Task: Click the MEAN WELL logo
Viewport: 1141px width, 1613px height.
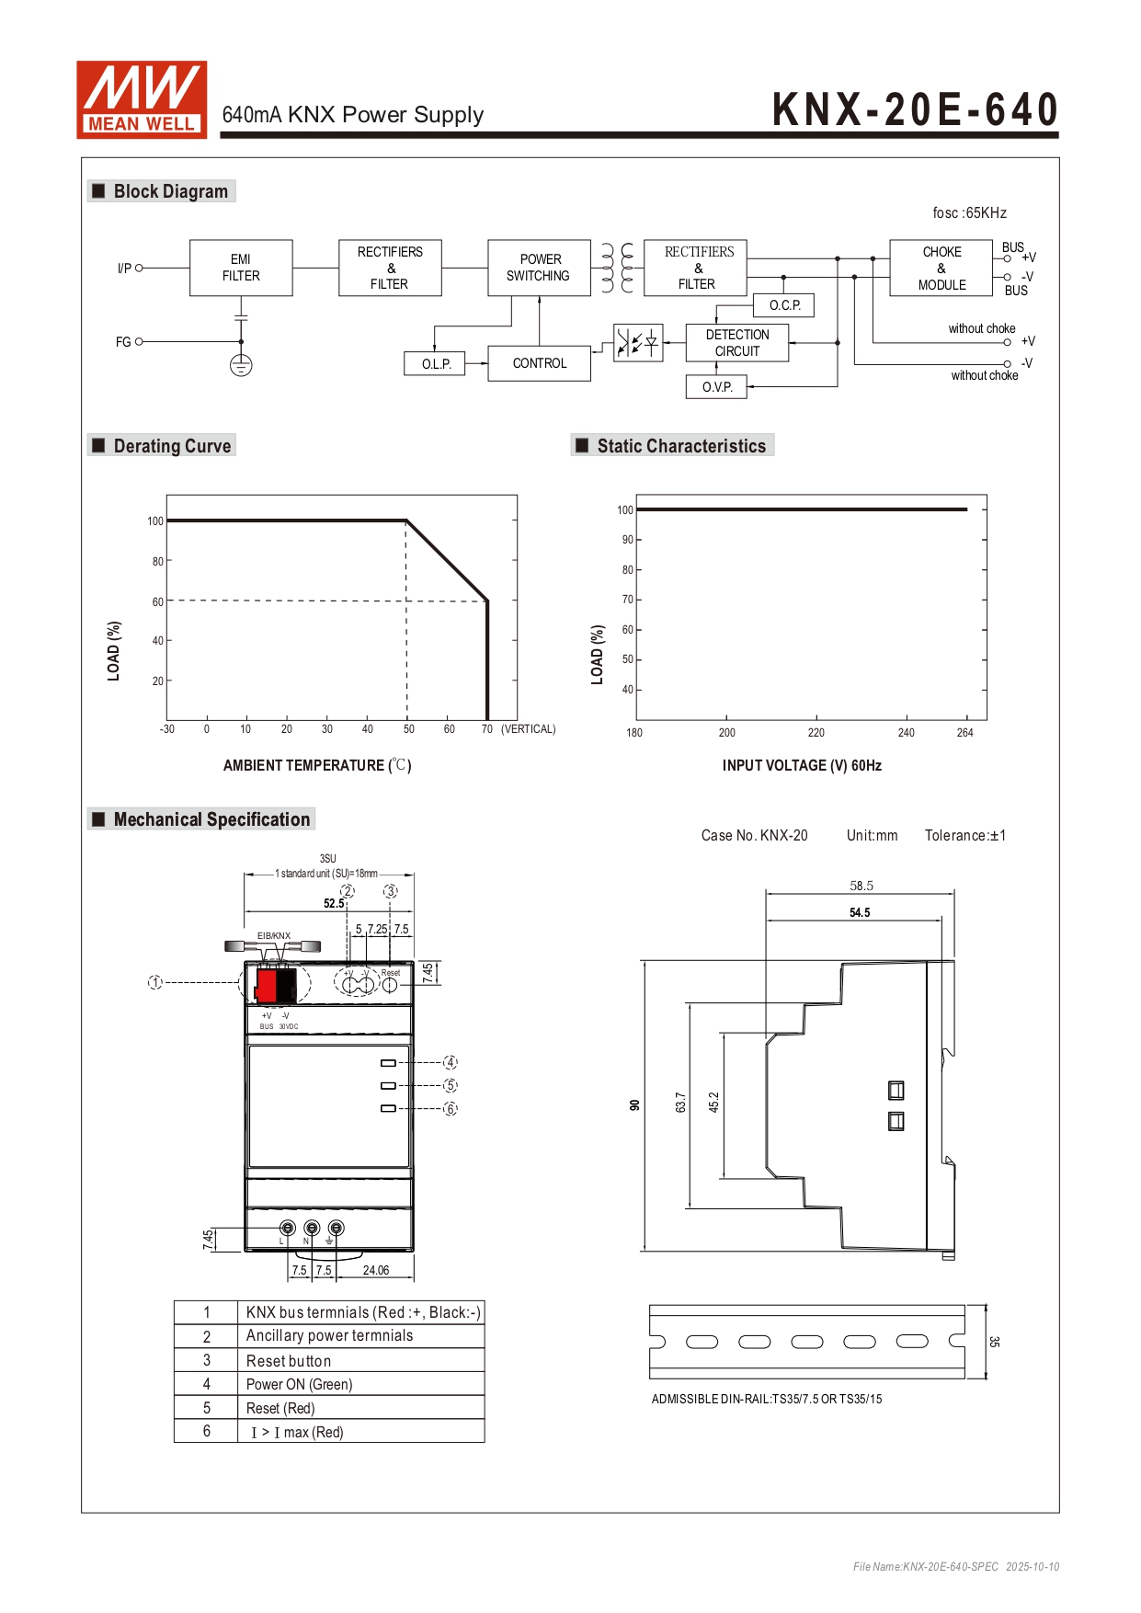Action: (x=142, y=99)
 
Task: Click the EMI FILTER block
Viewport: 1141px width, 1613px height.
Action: (x=241, y=268)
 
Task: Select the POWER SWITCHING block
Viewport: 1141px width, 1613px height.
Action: (x=539, y=268)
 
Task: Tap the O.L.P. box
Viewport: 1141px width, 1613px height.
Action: (x=436, y=364)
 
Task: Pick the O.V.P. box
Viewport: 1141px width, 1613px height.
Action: (x=717, y=387)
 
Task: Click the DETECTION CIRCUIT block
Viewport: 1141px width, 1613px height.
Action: (x=737, y=343)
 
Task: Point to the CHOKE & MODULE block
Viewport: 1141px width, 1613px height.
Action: (x=941, y=268)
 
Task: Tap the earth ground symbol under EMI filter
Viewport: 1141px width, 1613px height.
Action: (x=241, y=365)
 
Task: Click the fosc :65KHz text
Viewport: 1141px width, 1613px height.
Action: (x=969, y=213)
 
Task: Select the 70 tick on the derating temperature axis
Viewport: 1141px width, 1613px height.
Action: (x=487, y=729)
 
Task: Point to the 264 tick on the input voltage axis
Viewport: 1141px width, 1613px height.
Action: (x=964, y=733)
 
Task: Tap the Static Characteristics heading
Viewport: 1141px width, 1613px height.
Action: (x=680, y=446)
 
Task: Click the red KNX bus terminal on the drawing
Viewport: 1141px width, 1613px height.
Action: (x=266, y=985)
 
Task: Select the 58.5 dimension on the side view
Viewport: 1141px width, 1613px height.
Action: (x=861, y=886)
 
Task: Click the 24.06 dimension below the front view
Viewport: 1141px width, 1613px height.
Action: (x=375, y=1270)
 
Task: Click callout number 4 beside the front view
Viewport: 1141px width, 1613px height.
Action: (x=451, y=1062)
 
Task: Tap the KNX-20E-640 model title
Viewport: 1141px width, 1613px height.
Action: (x=915, y=109)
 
